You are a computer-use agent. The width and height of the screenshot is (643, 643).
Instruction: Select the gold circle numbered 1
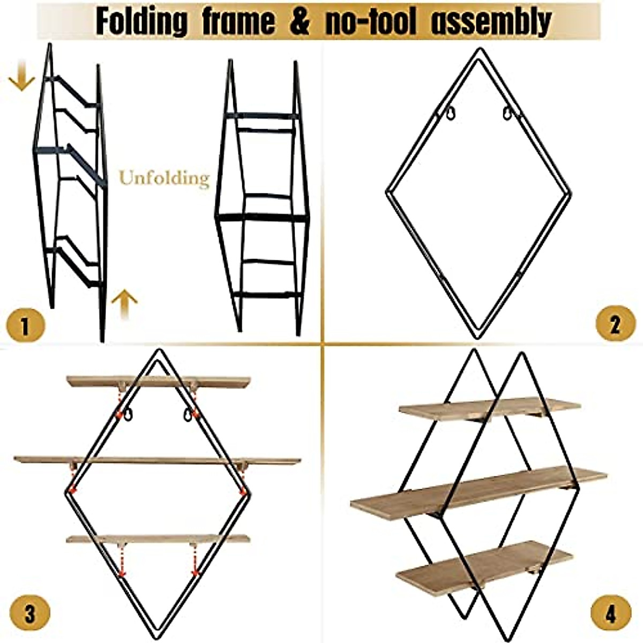(25, 325)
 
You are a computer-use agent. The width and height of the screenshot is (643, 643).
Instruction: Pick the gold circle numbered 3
(29, 613)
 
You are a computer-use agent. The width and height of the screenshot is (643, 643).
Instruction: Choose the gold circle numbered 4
(611, 613)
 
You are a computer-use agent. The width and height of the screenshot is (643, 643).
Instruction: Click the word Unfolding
(164, 177)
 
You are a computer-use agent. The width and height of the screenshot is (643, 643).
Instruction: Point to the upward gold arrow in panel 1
(124, 303)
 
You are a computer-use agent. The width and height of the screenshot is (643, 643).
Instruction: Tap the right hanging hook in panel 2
(507, 113)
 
